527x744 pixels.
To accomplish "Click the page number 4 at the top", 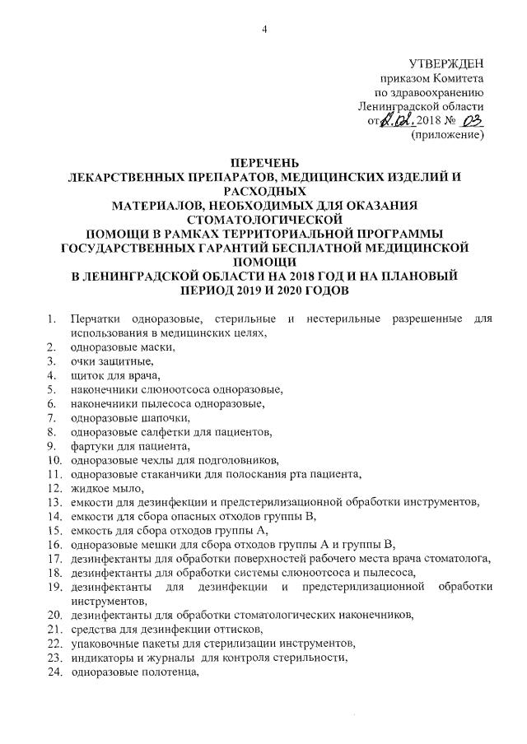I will (264, 30).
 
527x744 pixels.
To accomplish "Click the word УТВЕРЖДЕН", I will (446, 63).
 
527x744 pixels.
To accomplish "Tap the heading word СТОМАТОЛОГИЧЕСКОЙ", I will (263, 219).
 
